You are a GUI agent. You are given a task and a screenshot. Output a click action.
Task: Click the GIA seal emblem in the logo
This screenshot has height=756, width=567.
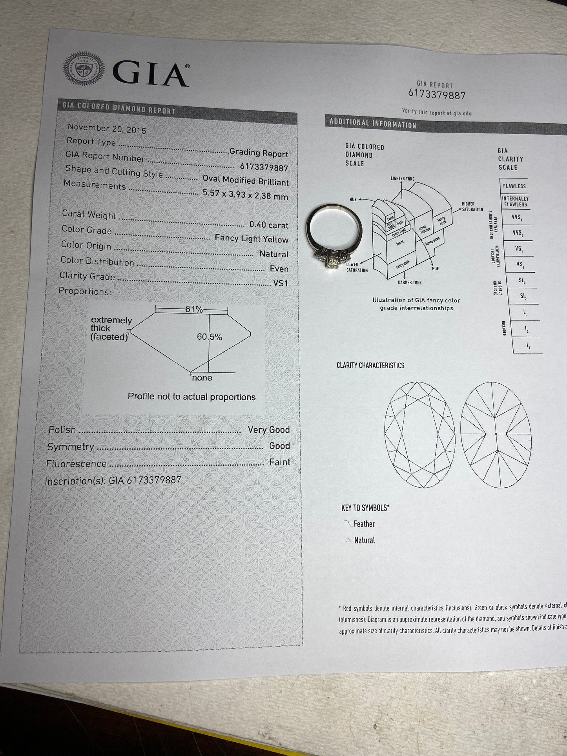(x=84, y=68)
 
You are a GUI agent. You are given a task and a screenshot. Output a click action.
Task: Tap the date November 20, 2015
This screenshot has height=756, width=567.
(x=107, y=129)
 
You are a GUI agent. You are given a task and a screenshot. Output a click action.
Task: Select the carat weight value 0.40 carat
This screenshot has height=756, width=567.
(x=269, y=225)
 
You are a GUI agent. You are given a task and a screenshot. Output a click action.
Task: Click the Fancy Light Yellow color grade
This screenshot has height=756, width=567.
(x=252, y=239)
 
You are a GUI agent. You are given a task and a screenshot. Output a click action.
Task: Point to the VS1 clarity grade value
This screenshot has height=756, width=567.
(x=281, y=283)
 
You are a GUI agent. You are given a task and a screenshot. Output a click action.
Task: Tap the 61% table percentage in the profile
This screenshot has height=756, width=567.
(x=194, y=310)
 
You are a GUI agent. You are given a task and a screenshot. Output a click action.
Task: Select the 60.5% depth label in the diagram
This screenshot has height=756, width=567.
(x=210, y=337)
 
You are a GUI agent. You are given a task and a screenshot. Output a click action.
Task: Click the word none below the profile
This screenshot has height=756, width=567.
(x=202, y=378)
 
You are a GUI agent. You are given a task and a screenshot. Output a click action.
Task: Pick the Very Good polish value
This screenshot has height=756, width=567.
(x=269, y=430)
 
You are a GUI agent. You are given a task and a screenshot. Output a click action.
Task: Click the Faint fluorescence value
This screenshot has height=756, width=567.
(x=279, y=462)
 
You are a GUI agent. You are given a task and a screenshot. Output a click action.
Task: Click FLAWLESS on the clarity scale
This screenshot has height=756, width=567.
(x=514, y=186)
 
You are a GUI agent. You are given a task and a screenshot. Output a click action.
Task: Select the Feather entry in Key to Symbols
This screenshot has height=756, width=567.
(x=364, y=524)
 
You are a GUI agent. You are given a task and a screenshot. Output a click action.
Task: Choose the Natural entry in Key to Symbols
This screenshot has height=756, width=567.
(x=364, y=540)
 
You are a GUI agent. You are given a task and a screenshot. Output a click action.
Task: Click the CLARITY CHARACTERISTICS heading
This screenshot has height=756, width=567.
(x=370, y=365)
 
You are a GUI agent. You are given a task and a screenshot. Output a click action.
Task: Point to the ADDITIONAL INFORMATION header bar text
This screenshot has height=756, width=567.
(x=373, y=123)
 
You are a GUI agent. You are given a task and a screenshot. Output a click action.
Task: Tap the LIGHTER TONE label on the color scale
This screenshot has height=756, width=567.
(x=402, y=179)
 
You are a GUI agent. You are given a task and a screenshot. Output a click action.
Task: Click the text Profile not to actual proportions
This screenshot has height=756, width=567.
(x=191, y=397)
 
